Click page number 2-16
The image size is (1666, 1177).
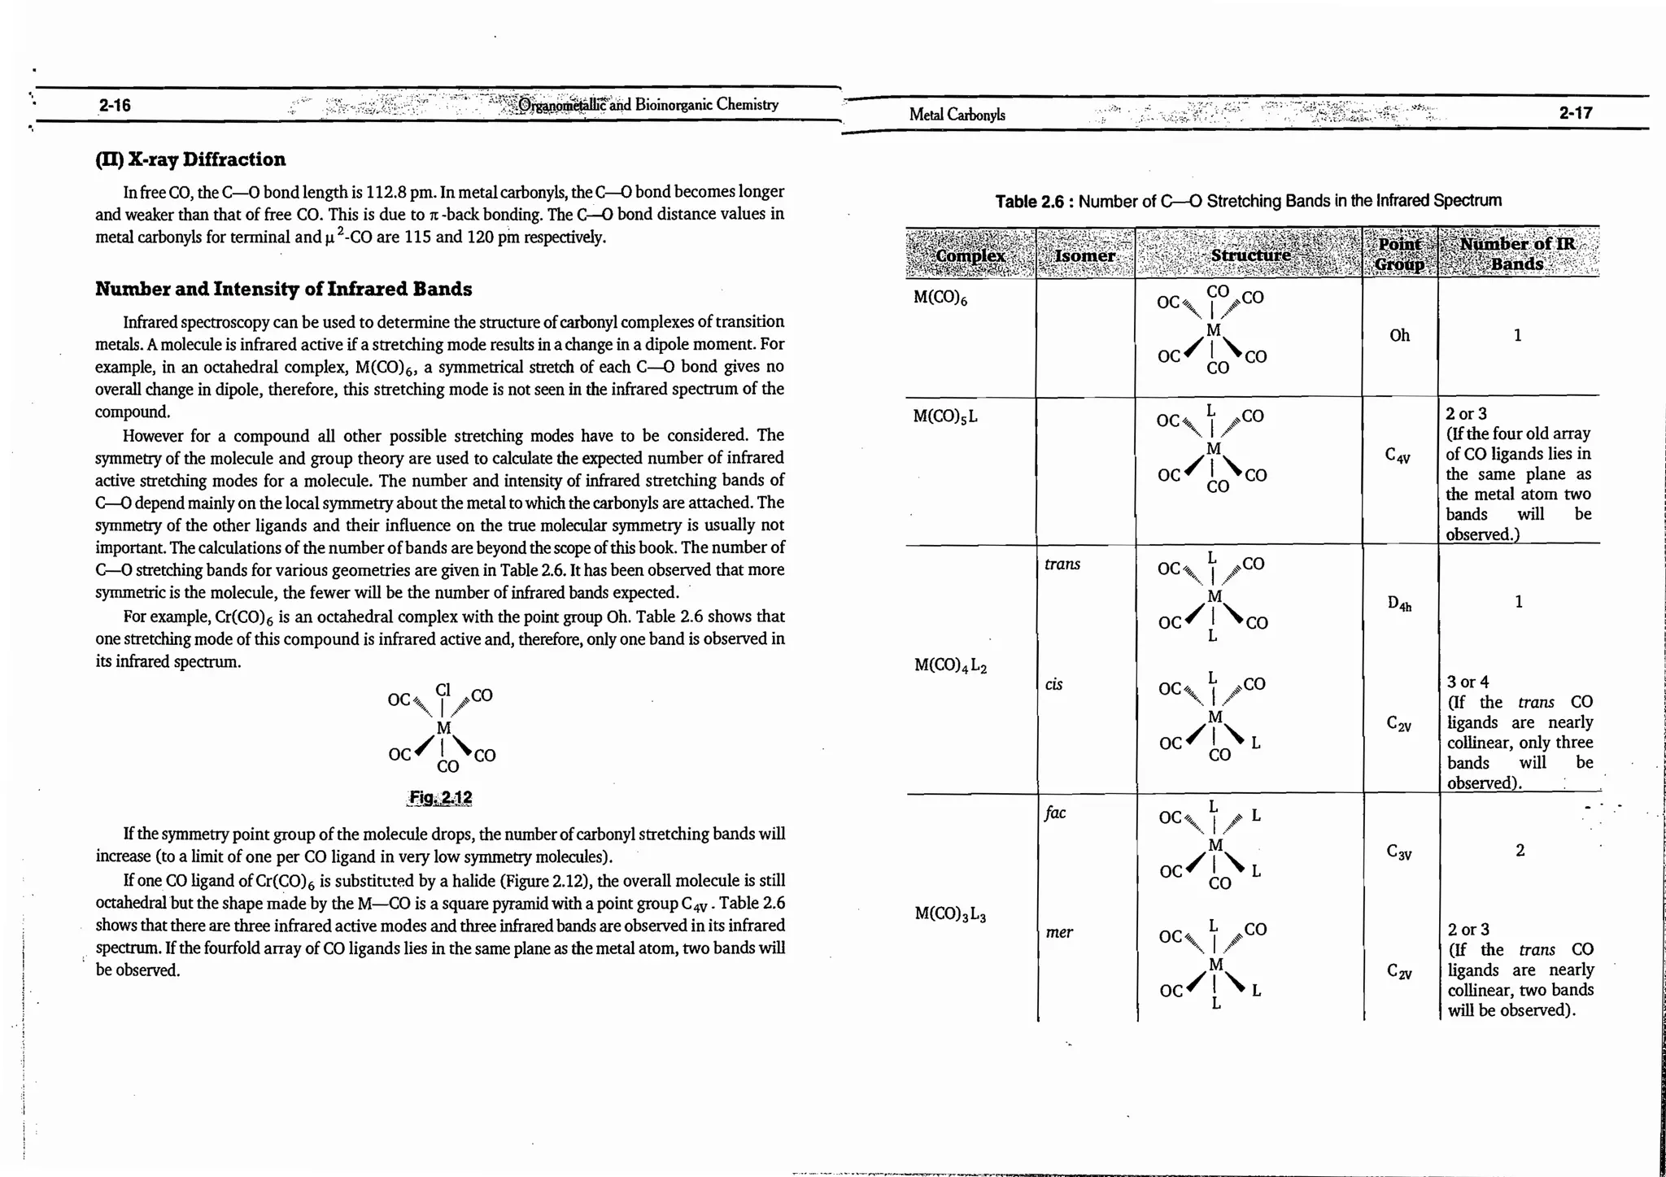[x=115, y=105]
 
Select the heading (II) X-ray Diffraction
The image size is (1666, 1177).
[x=190, y=159]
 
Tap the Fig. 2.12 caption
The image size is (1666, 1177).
[x=440, y=797]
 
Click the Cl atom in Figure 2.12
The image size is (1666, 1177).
[x=443, y=690]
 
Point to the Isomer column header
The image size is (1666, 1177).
[x=1084, y=255]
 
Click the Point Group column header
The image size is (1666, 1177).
[x=1399, y=254]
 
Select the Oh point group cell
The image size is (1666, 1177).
[x=1399, y=335]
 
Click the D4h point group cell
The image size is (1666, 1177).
[x=1399, y=604]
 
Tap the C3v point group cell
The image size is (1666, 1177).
[x=1399, y=852]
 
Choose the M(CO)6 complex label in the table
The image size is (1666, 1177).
[x=940, y=298]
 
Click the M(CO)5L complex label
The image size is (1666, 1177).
[x=945, y=416]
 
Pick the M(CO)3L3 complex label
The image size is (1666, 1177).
[x=950, y=914]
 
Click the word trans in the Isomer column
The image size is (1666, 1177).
[x=1062, y=564]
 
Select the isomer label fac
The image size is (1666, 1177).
[x=1054, y=813]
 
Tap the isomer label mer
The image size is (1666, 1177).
[x=1058, y=932]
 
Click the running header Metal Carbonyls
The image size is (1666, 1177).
[x=957, y=115]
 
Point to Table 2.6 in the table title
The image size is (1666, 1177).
[x=1029, y=201]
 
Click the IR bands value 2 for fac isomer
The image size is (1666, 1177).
[x=1519, y=850]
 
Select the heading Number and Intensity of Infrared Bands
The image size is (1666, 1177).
[x=283, y=289]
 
